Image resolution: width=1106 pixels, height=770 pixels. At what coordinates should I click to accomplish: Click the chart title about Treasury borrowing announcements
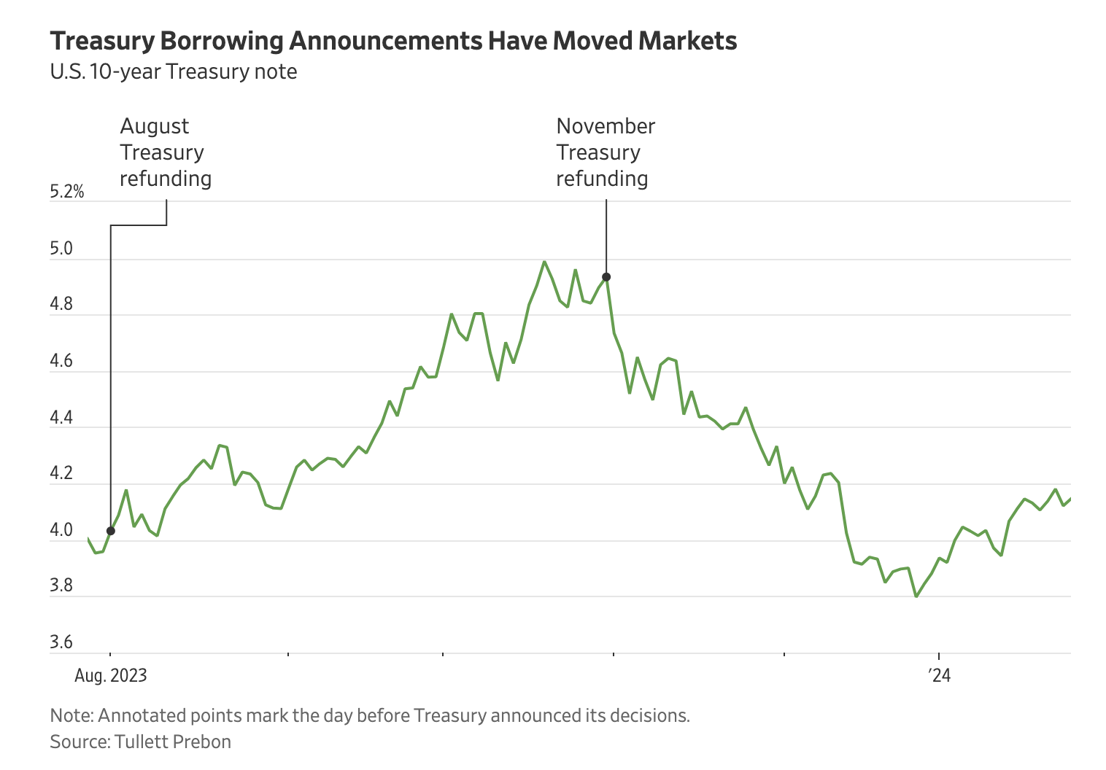pyautogui.click(x=393, y=41)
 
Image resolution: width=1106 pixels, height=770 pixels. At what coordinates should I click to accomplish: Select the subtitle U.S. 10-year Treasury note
pyautogui.click(x=174, y=71)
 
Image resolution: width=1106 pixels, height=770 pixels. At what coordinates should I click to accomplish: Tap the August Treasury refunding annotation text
pyautogui.click(x=166, y=152)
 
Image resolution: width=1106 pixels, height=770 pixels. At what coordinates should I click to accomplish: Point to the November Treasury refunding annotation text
pyautogui.click(x=605, y=152)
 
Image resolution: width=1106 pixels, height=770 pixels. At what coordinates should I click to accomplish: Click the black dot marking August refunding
pyautogui.click(x=111, y=531)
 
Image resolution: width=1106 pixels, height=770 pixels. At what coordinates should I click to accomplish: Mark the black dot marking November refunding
pyautogui.click(x=606, y=277)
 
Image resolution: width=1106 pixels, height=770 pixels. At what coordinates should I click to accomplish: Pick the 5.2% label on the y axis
pyautogui.click(x=67, y=192)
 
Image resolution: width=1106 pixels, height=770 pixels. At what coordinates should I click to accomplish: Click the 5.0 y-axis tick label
pyautogui.click(x=62, y=249)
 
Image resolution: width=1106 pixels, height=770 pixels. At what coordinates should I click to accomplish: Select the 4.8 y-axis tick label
pyautogui.click(x=62, y=306)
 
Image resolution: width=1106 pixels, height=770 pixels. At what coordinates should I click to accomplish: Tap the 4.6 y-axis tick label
pyautogui.click(x=62, y=362)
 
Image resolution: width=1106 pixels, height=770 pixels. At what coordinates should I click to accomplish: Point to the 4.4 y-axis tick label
pyautogui.click(x=62, y=418)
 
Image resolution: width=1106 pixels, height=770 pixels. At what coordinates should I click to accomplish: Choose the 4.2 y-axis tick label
pyautogui.click(x=62, y=474)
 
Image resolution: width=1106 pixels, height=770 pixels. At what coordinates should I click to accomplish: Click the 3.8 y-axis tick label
pyautogui.click(x=62, y=586)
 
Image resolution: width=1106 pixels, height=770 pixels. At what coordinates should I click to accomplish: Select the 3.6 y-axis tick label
pyautogui.click(x=62, y=642)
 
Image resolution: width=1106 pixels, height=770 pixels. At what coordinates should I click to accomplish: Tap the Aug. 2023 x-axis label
pyautogui.click(x=111, y=676)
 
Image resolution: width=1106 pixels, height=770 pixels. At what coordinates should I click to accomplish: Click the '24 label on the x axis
pyautogui.click(x=940, y=676)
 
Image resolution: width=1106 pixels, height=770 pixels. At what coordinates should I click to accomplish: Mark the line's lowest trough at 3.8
pyautogui.click(x=916, y=596)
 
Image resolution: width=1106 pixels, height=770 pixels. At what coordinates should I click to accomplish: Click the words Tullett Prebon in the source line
pyautogui.click(x=173, y=742)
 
